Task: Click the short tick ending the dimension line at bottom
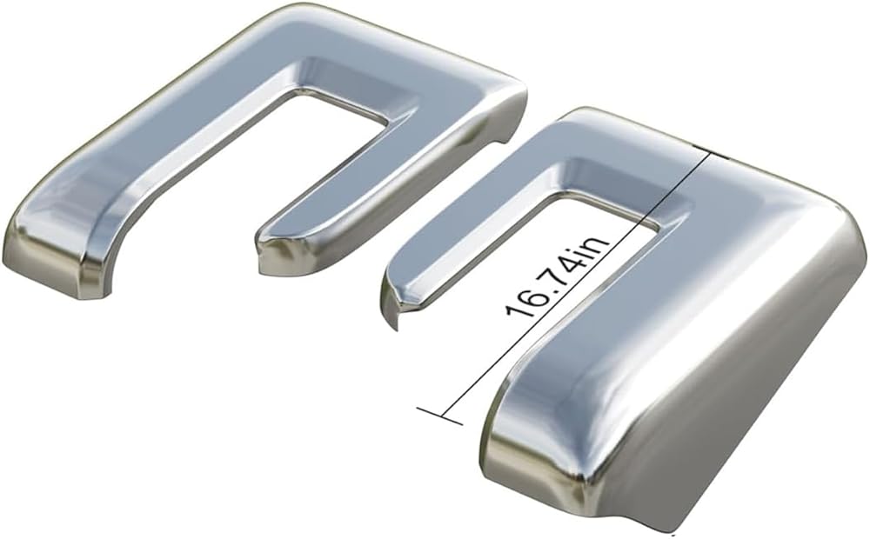click(x=439, y=416)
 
